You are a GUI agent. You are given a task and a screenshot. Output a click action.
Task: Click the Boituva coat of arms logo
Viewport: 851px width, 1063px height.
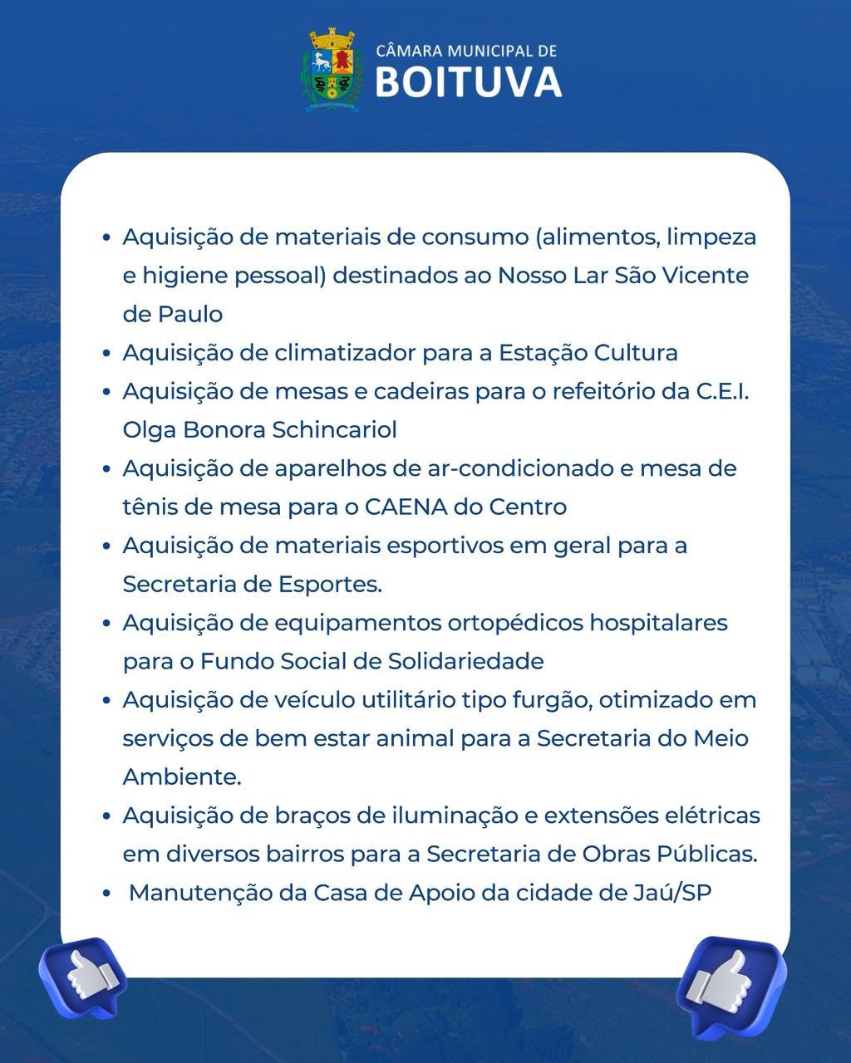point(332,70)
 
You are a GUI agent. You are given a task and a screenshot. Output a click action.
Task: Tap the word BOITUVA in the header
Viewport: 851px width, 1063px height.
point(469,82)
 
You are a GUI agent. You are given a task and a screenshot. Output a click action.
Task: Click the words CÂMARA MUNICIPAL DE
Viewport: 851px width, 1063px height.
point(466,51)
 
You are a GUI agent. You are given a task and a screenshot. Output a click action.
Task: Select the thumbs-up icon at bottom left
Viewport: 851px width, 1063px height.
point(83,977)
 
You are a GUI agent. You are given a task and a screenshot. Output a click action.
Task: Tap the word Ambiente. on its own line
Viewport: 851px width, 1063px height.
point(181,777)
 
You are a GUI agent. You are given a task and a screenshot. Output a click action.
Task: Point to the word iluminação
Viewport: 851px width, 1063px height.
point(454,816)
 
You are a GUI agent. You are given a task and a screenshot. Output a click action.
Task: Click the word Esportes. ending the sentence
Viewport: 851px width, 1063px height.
point(328,585)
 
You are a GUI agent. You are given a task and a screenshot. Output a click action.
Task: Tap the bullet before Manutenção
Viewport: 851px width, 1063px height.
point(106,894)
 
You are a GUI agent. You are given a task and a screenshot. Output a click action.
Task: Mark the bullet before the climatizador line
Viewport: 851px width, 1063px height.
point(106,354)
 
